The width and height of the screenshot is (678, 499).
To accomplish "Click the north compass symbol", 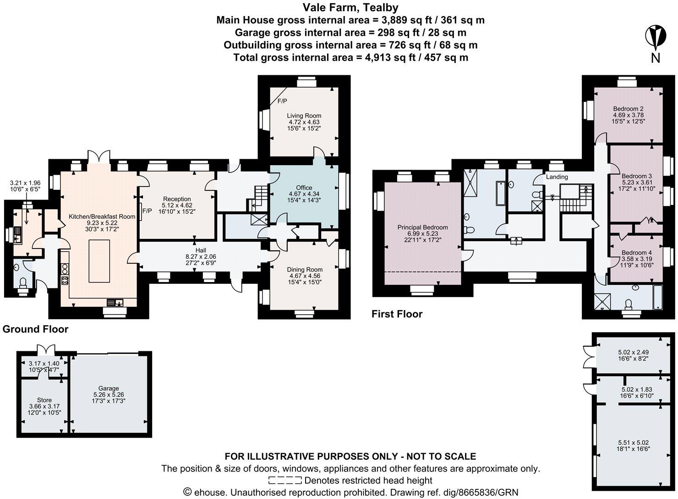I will (x=656, y=39).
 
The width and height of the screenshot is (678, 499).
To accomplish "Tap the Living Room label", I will (x=304, y=116).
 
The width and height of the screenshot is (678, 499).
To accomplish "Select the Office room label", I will (x=304, y=188).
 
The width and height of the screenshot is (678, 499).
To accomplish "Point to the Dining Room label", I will (x=306, y=269).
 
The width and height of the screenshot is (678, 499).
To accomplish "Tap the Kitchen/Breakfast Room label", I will (x=102, y=216).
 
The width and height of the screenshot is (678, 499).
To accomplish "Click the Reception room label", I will (x=176, y=199).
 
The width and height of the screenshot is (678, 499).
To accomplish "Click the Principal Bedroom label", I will (x=422, y=227).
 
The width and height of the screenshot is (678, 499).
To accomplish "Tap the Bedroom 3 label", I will (x=636, y=176).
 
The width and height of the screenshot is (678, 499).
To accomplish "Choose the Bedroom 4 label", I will (x=636, y=253).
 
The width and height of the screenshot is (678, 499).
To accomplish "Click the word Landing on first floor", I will (x=557, y=177).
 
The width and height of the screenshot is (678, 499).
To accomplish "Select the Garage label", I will (x=109, y=388).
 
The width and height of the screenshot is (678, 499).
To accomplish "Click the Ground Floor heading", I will (x=35, y=329).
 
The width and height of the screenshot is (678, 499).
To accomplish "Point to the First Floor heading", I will (x=397, y=314).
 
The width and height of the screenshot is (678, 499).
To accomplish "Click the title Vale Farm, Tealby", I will (x=350, y=7).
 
